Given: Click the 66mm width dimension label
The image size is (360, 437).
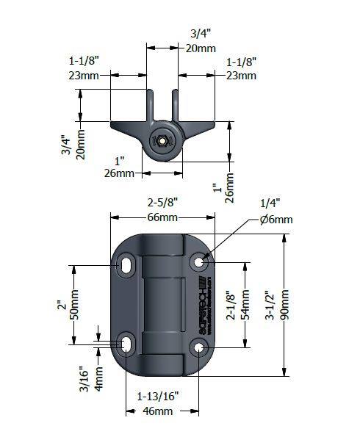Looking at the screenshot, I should click(162, 217).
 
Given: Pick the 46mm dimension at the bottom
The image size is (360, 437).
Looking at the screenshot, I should click(156, 412).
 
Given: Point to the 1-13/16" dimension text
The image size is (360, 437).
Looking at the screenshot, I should click(156, 396).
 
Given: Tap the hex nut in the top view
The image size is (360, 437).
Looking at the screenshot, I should click(161, 141).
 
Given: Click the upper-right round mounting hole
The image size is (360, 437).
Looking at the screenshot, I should click(198, 261).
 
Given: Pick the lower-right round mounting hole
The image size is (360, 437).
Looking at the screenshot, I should click(198, 345).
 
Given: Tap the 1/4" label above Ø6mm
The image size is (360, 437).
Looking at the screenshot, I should click(270, 203).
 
